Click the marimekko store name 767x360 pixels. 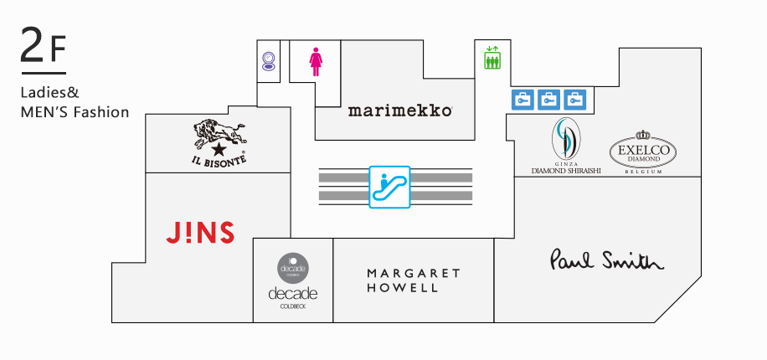tap(400, 110)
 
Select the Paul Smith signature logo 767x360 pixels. tap(606, 260)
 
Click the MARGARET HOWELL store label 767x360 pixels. tap(414, 280)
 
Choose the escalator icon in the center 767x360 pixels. tap(389, 186)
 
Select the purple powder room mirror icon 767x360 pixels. tap(268, 61)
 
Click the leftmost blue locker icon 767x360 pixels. tap(522, 100)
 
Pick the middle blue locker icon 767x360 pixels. tap(548, 100)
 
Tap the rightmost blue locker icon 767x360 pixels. tap(575, 100)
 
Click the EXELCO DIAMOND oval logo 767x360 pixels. tap(642, 151)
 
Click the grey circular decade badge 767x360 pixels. tap(294, 267)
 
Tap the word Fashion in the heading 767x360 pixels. tap(102, 111)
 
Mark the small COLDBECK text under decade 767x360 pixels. tap(293, 307)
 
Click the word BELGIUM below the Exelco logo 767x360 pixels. tap(643, 171)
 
